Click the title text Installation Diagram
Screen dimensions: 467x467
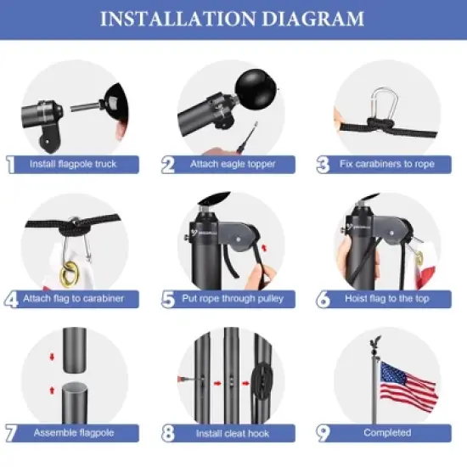233,20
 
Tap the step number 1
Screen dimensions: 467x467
10,164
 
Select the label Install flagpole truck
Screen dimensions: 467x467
74,164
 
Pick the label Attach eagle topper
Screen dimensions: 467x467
231,164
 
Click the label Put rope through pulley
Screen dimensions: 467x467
233,299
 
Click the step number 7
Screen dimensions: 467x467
10,432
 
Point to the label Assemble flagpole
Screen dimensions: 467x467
74,432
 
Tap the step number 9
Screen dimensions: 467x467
323,432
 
